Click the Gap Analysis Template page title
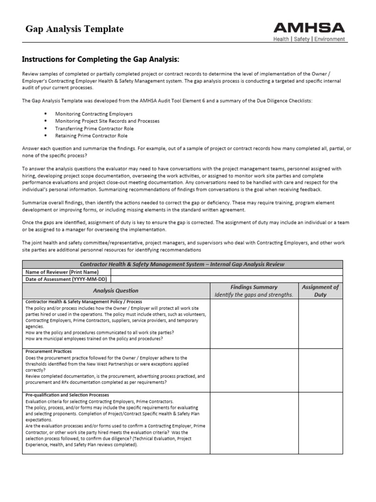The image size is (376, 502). point(74,29)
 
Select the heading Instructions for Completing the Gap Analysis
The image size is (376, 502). point(101,60)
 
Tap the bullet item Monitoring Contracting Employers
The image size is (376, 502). point(87,114)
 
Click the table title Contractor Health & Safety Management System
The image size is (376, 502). point(182,264)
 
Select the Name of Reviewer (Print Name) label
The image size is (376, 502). point(62,272)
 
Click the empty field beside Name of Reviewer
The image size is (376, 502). point(227,272)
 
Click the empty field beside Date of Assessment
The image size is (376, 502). point(227,279)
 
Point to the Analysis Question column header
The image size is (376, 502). point(116,291)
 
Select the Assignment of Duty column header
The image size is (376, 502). point(321,291)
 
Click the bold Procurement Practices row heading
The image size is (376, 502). point(48,351)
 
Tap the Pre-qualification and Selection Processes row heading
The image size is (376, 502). point(67,395)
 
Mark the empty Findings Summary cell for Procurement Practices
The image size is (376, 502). point(254,370)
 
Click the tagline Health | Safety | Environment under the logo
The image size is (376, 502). point(309,39)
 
